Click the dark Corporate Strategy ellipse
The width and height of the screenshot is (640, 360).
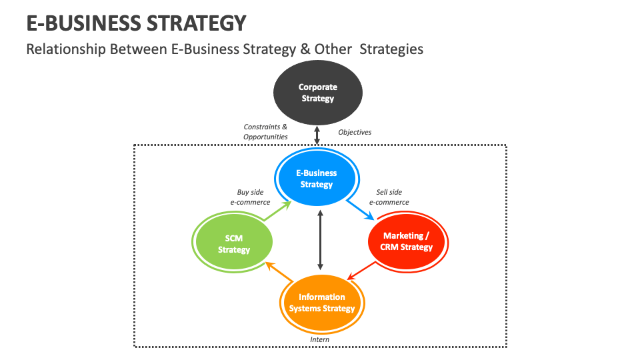click(x=317, y=93)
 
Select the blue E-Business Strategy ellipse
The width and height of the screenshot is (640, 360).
click(x=317, y=179)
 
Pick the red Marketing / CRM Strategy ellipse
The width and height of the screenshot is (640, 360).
click(x=408, y=241)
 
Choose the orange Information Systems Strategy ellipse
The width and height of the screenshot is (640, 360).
click(x=321, y=303)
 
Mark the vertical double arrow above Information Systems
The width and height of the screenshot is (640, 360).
click(x=321, y=241)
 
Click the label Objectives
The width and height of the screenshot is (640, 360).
click(x=355, y=132)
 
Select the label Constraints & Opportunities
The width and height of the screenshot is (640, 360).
click(x=265, y=131)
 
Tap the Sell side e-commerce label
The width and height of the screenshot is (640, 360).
click(x=389, y=197)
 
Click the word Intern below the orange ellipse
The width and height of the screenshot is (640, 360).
click(x=320, y=339)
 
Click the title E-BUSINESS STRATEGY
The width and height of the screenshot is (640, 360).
click(x=136, y=23)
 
